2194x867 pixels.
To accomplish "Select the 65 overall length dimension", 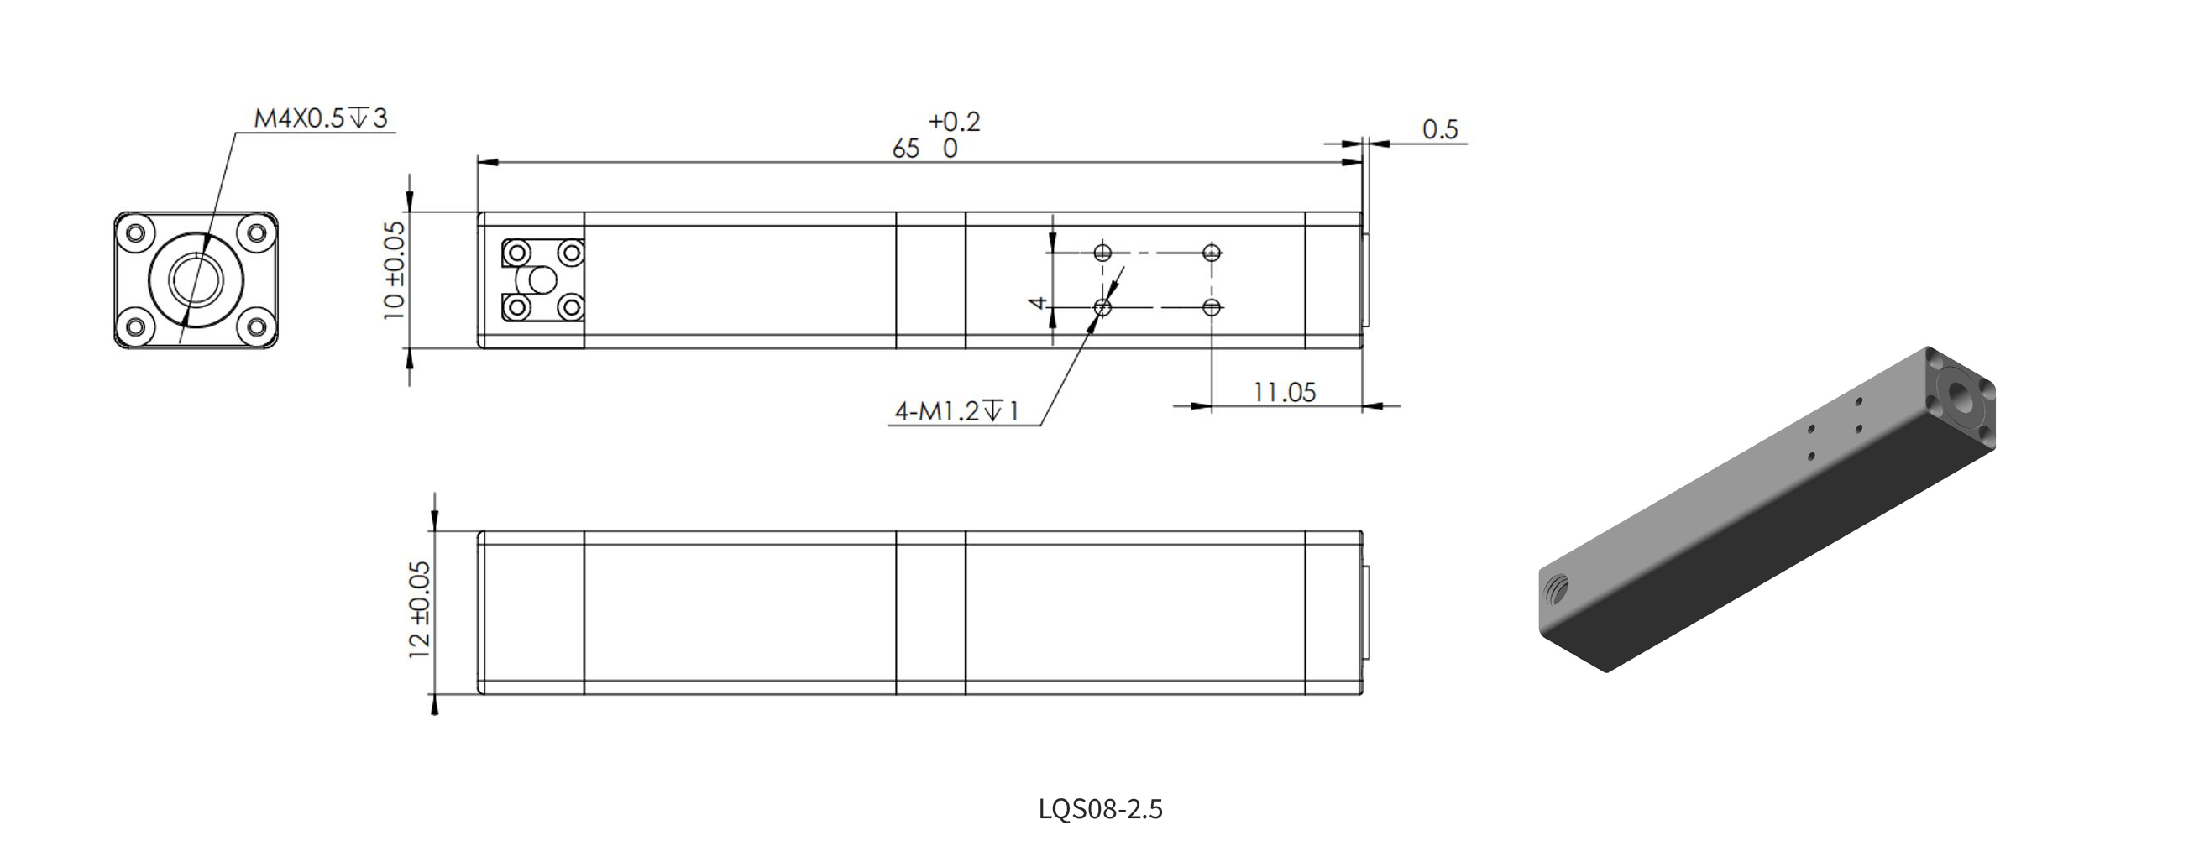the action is (x=905, y=149).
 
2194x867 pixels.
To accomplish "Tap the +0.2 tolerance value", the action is (x=954, y=121).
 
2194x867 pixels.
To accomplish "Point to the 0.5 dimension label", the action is (x=1440, y=129).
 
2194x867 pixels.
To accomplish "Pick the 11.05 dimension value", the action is (x=1285, y=393).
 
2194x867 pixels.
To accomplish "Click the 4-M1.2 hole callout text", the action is (x=956, y=412).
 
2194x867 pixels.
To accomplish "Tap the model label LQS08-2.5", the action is (x=1101, y=808).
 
